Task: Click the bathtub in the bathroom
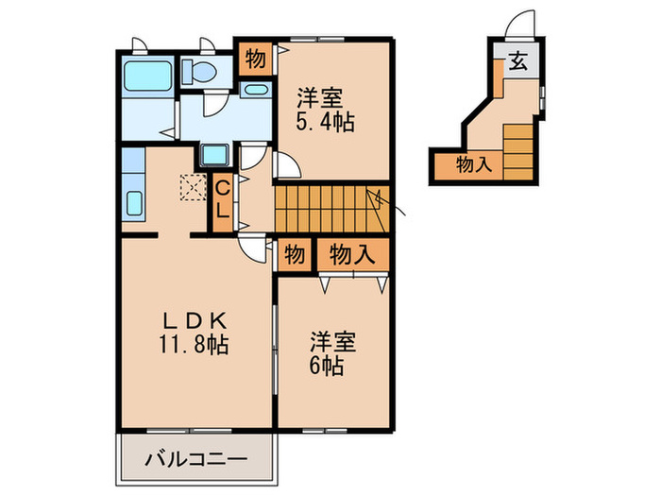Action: (147, 75)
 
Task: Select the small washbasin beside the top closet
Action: (254, 90)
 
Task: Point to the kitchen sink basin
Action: (132, 202)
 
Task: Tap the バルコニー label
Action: (196, 461)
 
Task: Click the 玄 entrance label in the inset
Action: (518, 63)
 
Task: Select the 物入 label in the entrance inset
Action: (474, 164)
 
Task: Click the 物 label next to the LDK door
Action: (295, 253)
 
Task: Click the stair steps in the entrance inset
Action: (518, 151)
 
